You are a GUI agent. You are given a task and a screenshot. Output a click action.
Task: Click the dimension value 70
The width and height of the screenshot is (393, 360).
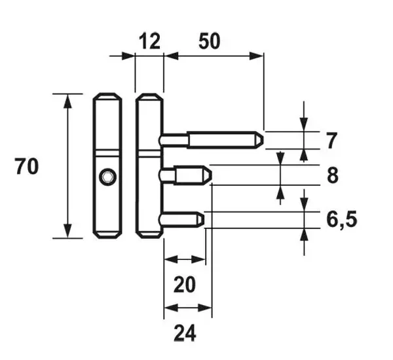[x=27, y=166]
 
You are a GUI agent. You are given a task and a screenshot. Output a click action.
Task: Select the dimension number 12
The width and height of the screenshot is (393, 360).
[x=149, y=41]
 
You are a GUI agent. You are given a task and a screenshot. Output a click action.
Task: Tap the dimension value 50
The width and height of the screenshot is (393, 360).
[x=210, y=41]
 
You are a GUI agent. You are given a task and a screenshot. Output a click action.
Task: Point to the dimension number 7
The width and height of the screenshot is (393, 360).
[x=331, y=140]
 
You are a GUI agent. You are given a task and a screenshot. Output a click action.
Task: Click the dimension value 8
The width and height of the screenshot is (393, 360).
[x=333, y=175]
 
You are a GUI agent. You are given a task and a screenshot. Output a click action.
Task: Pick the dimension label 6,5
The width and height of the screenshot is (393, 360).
[x=342, y=219]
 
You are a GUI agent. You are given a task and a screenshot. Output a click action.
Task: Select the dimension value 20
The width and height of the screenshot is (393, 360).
[x=184, y=285]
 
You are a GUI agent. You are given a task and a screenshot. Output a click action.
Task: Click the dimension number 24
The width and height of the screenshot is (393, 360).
[x=185, y=333]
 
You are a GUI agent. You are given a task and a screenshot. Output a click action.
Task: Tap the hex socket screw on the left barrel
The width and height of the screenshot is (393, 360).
[x=108, y=177]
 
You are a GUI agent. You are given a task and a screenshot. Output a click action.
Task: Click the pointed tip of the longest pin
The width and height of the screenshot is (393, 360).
[x=263, y=140]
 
